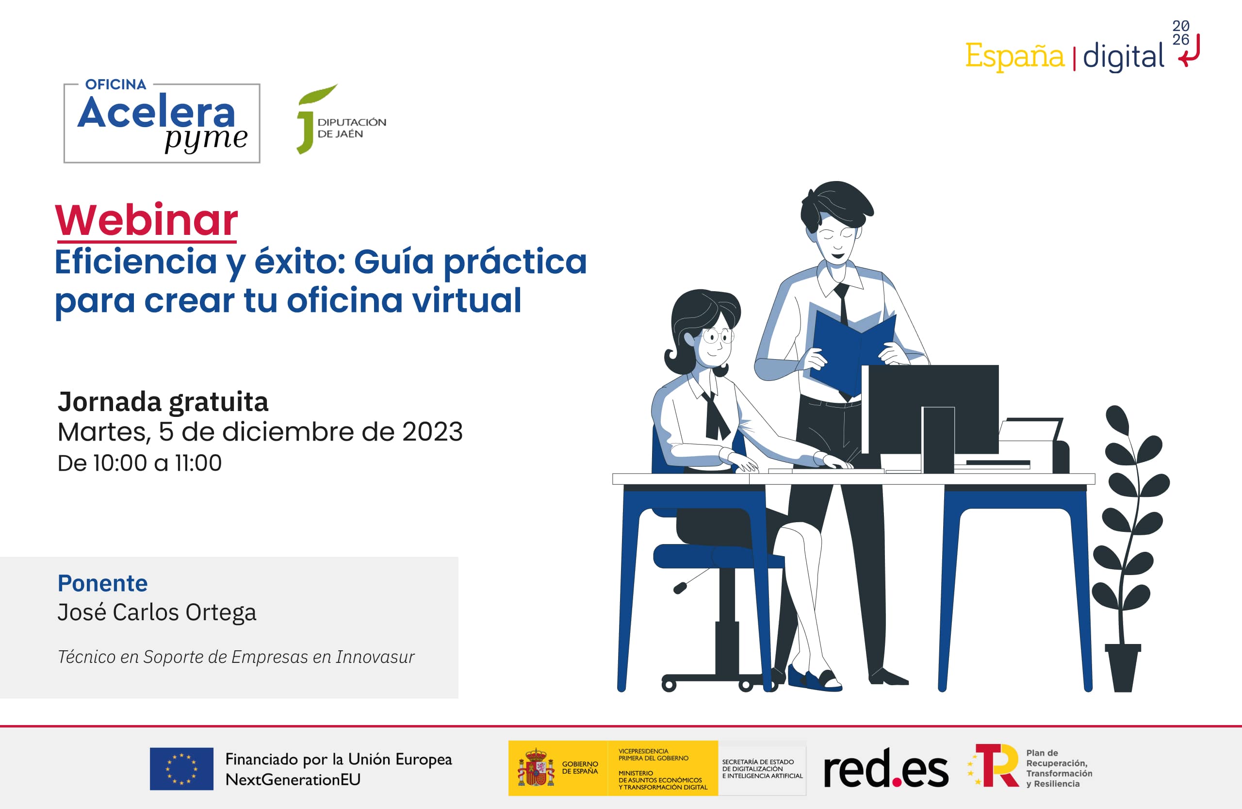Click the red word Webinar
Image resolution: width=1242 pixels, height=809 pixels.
(x=147, y=220)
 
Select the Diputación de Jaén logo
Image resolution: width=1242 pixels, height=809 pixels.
(x=341, y=119)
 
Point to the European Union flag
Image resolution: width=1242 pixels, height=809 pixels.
(x=181, y=769)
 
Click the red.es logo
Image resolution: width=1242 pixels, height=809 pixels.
(x=885, y=768)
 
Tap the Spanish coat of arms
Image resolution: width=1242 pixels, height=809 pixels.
(x=536, y=768)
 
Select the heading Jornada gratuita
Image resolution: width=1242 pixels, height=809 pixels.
(x=163, y=402)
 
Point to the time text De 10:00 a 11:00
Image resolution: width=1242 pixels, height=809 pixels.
(x=139, y=463)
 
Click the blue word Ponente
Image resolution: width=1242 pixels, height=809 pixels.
(x=103, y=583)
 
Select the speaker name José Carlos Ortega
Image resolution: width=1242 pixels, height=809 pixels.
(x=157, y=612)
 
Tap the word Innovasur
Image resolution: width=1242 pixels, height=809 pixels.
(x=375, y=657)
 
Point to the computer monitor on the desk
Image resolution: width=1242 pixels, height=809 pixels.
(x=931, y=417)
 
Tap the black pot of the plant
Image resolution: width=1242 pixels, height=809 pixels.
(x=1123, y=668)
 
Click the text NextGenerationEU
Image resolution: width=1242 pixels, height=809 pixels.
(x=293, y=779)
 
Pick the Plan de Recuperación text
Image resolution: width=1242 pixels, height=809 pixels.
(x=1059, y=768)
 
